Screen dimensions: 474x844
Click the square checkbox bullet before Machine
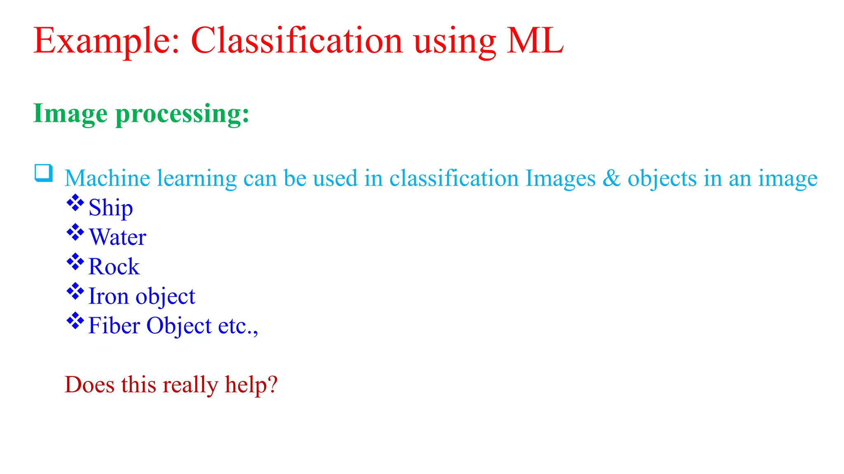pyautogui.click(x=43, y=173)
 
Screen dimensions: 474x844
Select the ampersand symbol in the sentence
pyautogui.click(x=612, y=178)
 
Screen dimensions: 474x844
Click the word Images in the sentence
pyautogui.click(x=560, y=179)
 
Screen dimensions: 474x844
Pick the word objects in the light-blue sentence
pyautogui.click(x=662, y=179)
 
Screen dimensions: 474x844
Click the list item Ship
pyautogui.click(x=110, y=208)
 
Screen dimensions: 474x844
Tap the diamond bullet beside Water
pyautogui.click(x=75, y=232)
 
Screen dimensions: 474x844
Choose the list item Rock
pyautogui.click(x=114, y=267)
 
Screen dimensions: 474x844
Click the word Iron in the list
pyautogui.click(x=108, y=296)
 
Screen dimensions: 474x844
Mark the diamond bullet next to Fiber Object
pyautogui.click(x=75, y=321)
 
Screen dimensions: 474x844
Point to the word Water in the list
pyautogui.click(x=117, y=237)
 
